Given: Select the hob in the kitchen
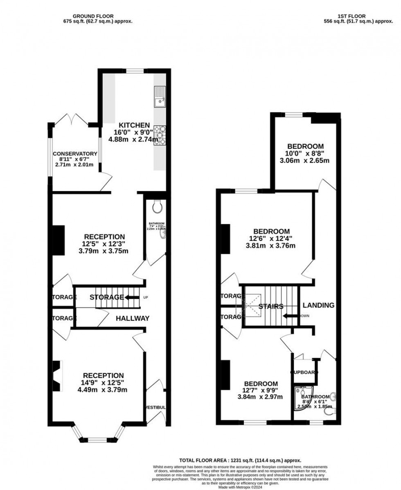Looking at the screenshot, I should (x=160, y=135).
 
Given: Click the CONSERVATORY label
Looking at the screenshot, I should (x=75, y=154).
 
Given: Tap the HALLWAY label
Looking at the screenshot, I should (x=132, y=318).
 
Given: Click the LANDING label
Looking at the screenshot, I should (x=318, y=305).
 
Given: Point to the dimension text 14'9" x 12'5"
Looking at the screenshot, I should (x=103, y=383).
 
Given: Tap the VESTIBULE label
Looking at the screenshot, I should (x=156, y=407).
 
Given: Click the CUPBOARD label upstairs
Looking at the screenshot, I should (x=304, y=372).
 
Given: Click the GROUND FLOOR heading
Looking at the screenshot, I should (x=95, y=16).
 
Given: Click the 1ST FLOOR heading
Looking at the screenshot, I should (x=347, y=16).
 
